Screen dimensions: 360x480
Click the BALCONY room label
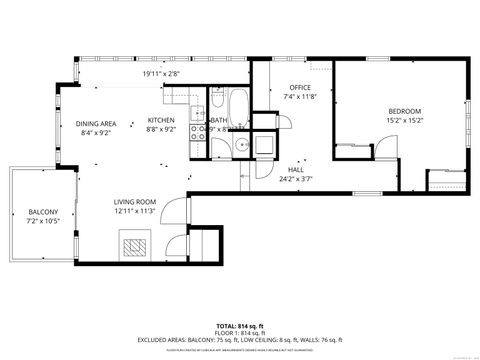[x=43, y=211]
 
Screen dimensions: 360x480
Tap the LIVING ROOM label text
[x=133, y=201]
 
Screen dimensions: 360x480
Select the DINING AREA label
[x=96, y=123]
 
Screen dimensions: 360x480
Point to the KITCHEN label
[x=161, y=119]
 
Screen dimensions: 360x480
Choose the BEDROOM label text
[x=405, y=110]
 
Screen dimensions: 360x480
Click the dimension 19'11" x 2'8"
[x=161, y=72]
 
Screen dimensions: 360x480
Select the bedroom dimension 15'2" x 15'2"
[x=405, y=120]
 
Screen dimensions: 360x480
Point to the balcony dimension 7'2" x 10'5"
[x=43, y=220]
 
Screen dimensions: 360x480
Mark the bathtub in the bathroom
[x=240, y=105]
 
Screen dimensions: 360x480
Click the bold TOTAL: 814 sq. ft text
[x=239, y=326]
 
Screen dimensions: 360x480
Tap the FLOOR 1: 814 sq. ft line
[x=239, y=333]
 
